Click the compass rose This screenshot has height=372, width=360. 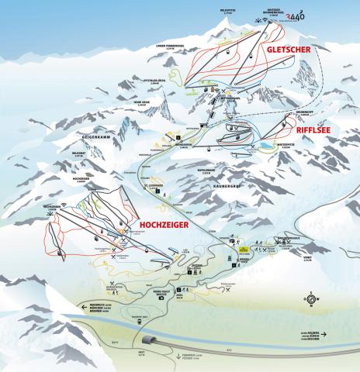(x=310, y=298)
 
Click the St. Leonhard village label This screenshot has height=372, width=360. (x=157, y=184)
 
